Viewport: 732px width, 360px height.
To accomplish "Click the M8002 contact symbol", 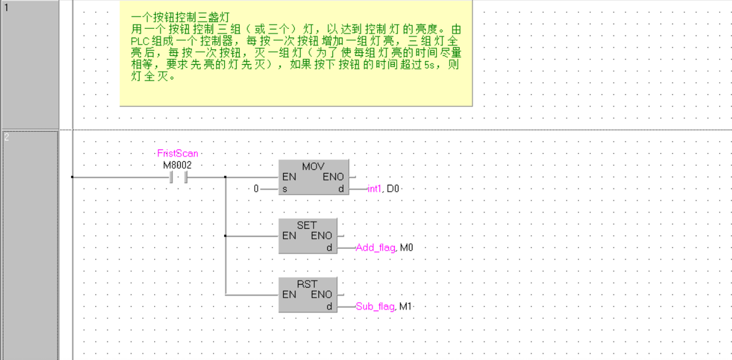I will pyautogui.click(x=177, y=177).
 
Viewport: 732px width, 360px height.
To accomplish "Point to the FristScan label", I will pyautogui.click(x=177, y=154).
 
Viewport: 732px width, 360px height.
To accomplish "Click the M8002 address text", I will pyautogui.click(x=177, y=165).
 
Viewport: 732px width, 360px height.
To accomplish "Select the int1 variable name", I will pyautogui.click(x=375, y=189).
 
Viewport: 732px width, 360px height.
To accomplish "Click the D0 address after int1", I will pyautogui.click(x=394, y=189).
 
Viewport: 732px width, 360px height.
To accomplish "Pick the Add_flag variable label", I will pyautogui.click(x=375, y=248).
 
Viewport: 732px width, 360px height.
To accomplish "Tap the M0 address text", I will pyautogui.click(x=407, y=248).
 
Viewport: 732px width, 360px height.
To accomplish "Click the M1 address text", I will pyautogui.click(x=406, y=306).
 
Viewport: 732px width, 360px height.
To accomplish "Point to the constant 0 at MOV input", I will pyautogui.click(x=257, y=189).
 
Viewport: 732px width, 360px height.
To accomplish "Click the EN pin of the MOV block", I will pyautogui.click(x=289, y=177).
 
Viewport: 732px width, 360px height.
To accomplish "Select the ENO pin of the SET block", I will pyautogui.click(x=321, y=236).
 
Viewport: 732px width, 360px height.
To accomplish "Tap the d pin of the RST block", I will pyautogui.click(x=329, y=306).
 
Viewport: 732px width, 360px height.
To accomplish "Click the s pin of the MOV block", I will pyautogui.click(x=285, y=189).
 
